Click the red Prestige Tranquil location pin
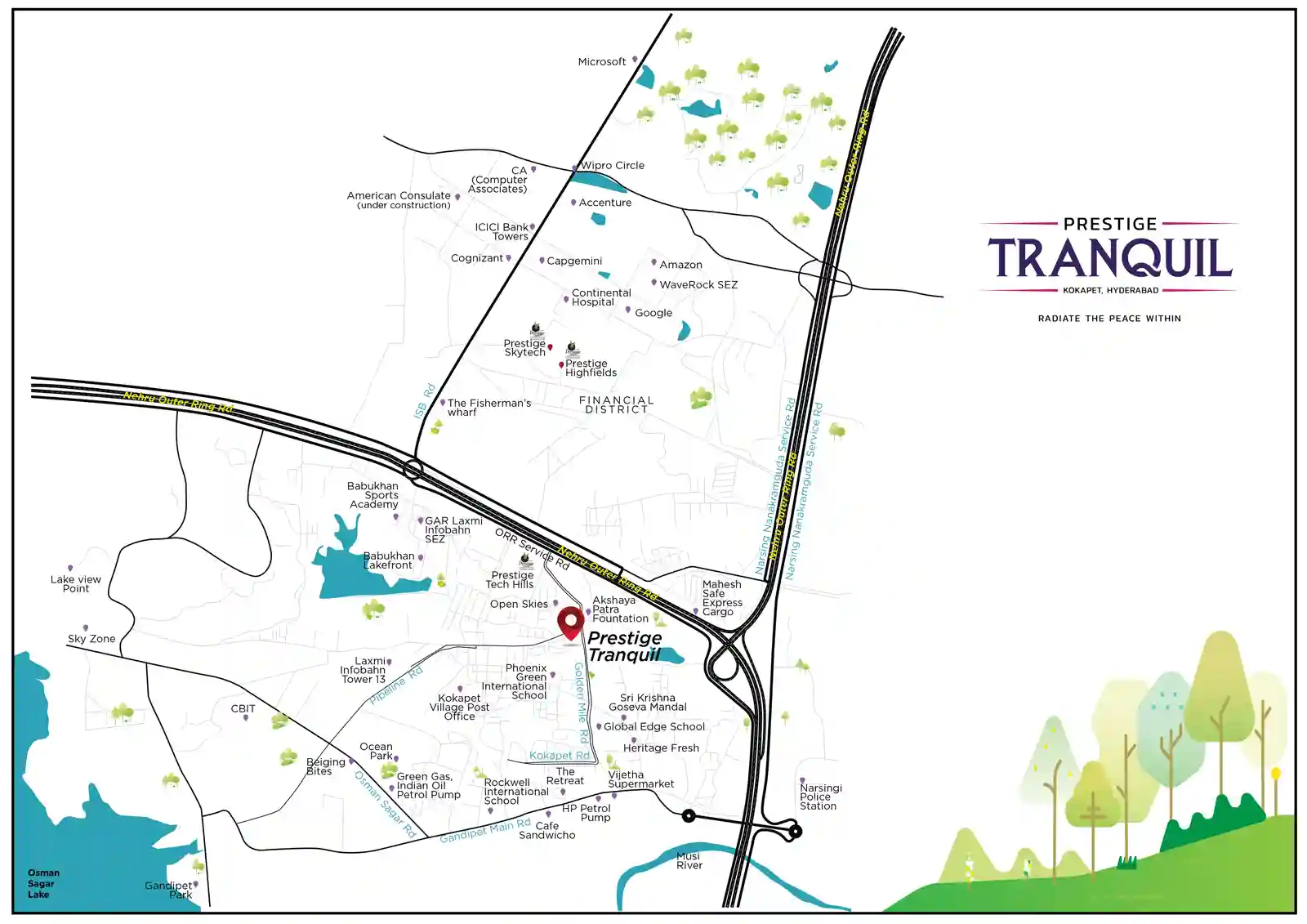[x=570, y=623]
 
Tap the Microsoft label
[x=601, y=62]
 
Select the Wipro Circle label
[x=612, y=165]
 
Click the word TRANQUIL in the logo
[x=1109, y=257]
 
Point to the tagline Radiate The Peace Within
[x=1108, y=319]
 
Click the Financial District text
[x=616, y=404]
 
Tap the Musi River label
[x=689, y=860]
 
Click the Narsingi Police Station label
[x=819, y=797]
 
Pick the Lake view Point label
[x=75, y=583]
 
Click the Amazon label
[x=680, y=265]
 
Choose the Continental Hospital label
[x=600, y=297]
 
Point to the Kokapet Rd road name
[x=559, y=756]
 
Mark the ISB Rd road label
[x=425, y=401]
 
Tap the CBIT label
[x=243, y=708]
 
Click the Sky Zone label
[x=91, y=639]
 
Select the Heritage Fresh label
[x=660, y=748]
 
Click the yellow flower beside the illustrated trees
[x=1275, y=774]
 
